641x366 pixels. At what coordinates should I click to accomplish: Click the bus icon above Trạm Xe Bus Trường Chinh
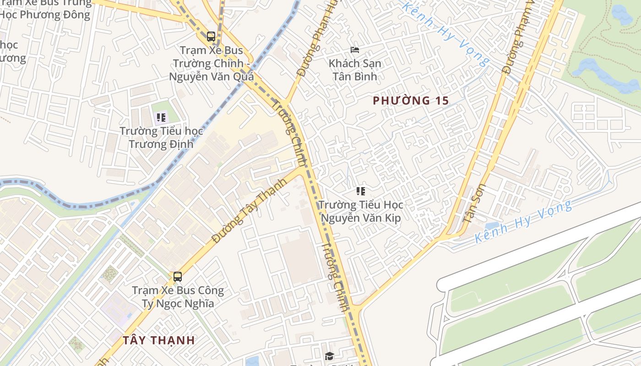click(211, 37)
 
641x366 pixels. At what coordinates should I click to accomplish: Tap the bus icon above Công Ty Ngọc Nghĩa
click(178, 277)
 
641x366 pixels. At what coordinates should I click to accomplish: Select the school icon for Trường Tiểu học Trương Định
click(161, 118)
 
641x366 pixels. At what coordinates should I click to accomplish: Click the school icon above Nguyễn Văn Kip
click(361, 191)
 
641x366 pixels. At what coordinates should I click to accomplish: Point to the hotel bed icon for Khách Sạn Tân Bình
click(355, 50)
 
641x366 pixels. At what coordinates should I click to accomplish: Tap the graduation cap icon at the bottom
click(329, 356)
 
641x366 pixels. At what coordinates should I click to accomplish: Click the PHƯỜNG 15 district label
click(411, 101)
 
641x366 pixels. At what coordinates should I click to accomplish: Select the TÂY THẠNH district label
click(159, 340)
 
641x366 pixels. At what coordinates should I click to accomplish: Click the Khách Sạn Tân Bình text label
click(355, 70)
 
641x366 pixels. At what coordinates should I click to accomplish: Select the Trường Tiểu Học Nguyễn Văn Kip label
click(361, 211)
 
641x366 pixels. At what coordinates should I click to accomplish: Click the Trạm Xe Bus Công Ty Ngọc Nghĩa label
click(178, 296)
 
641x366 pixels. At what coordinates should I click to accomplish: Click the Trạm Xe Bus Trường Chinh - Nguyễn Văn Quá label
click(211, 63)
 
